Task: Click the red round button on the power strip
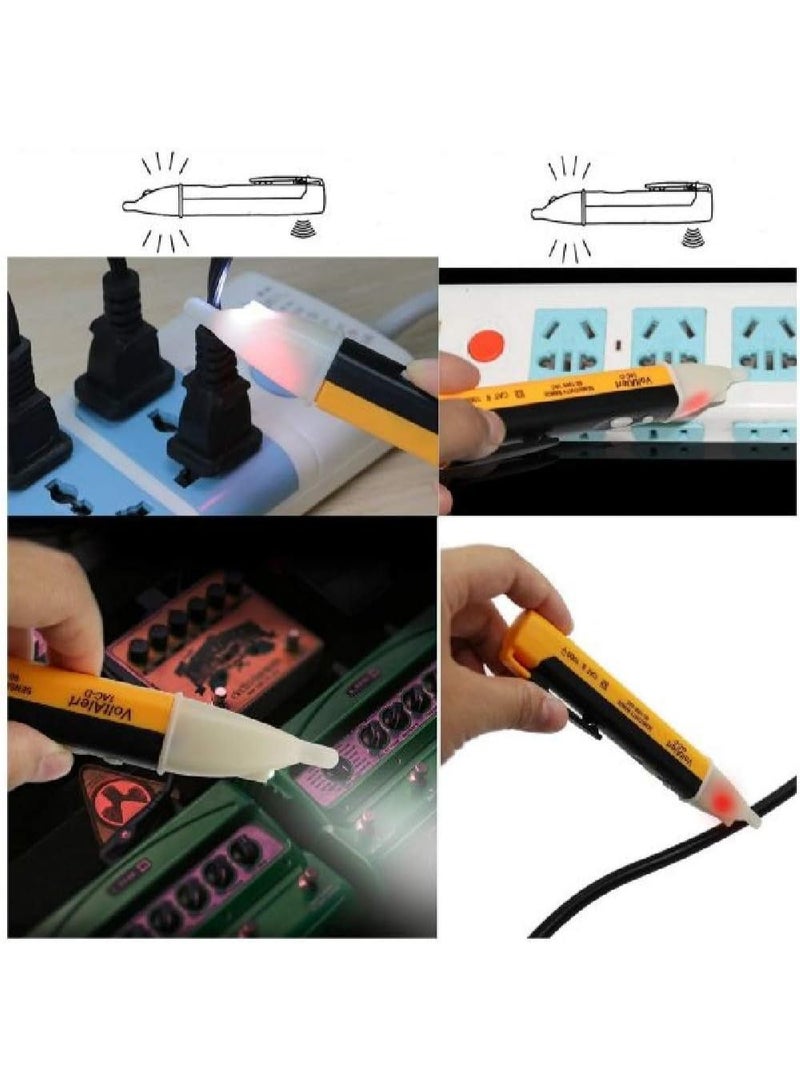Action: [486, 345]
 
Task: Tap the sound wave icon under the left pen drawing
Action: [297, 232]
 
